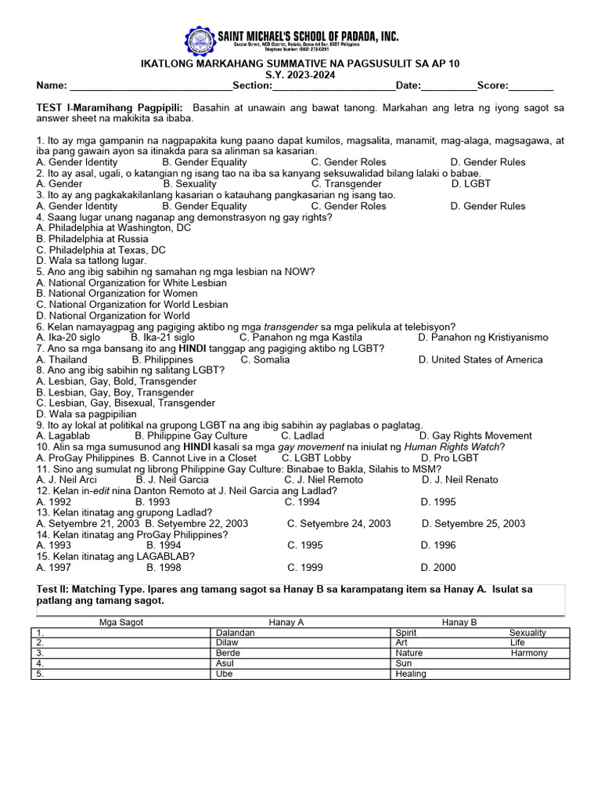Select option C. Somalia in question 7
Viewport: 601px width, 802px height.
pyautogui.click(x=265, y=359)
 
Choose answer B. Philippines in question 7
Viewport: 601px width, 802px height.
pyautogui.click(x=162, y=359)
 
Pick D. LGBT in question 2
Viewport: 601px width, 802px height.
pyautogui.click(x=471, y=184)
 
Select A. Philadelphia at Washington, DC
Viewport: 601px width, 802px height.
pyautogui.click(x=113, y=228)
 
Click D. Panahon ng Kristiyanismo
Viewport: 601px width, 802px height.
pyautogui.click(x=483, y=338)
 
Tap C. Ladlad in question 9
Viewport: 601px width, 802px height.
pyautogui.click(x=302, y=435)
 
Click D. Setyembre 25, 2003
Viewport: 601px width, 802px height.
pyautogui.click(x=473, y=523)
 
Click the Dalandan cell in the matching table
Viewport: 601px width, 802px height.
pyautogui.click(x=236, y=633)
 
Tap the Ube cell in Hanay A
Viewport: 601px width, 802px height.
pyautogui.click(x=225, y=674)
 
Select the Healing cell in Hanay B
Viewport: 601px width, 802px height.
pyautogui.click(x=411, y=674)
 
